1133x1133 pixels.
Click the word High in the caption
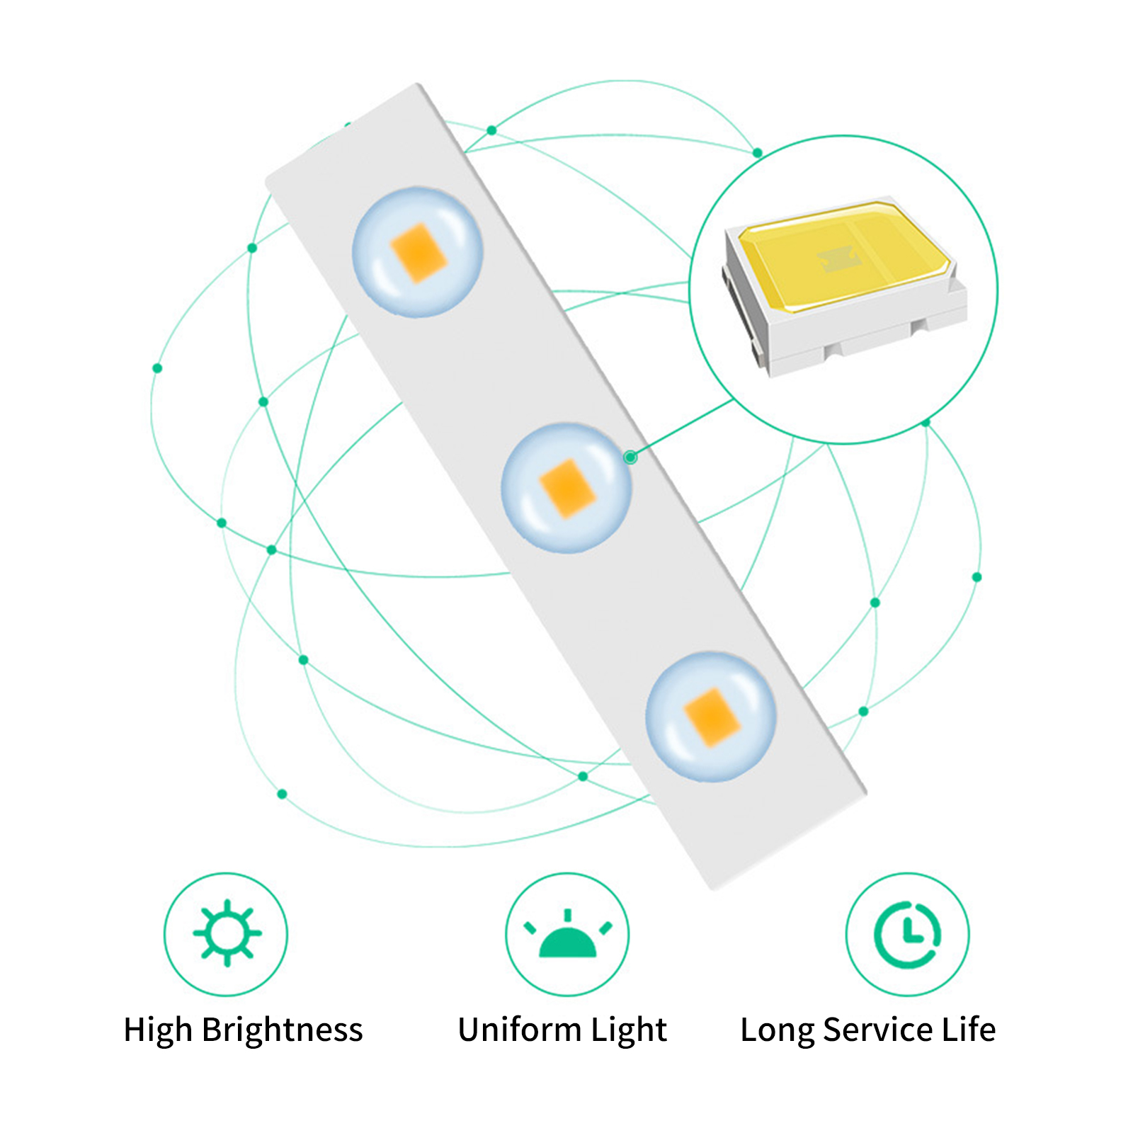[158, 1030]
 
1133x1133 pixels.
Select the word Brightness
[282, 1030]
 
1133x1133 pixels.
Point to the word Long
[777, 1030]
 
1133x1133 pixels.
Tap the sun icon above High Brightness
[227, 933]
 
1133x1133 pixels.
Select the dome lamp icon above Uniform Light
[567, 933]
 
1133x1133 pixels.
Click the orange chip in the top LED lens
[419, 253]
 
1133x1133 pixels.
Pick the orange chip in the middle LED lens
[567, 488]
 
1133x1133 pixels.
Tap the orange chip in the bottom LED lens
[712, 717]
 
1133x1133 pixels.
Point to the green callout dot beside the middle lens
[630, 457]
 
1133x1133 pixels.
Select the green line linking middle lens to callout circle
[682, 429]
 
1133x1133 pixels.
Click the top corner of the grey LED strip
[419, 84]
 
